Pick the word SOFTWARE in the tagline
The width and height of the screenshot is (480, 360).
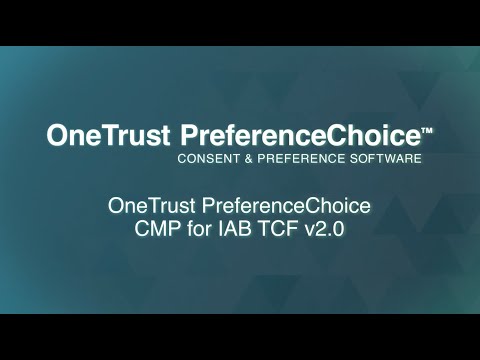385,159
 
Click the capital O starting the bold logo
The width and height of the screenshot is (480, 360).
58,135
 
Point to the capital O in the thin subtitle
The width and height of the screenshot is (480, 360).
115,207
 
